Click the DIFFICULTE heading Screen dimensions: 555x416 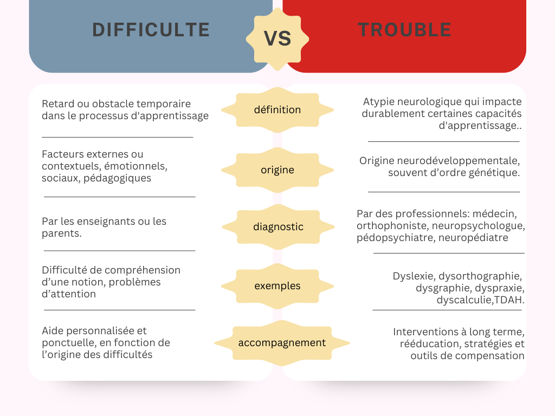tap(151, 29)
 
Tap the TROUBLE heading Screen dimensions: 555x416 tap(404, 30)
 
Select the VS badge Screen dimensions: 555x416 tap(277, 38)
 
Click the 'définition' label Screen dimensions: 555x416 tap(277, 110)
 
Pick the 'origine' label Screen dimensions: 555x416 tap(277, 170)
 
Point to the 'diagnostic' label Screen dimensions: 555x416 tap(278, 227)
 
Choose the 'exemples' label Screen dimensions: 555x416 tap(277, 286)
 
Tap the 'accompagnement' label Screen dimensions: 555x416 tap(282, 343)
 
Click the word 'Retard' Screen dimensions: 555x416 tap(57, 103)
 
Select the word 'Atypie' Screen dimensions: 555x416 tap(380, 101)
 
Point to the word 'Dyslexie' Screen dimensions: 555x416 tap(412, 276)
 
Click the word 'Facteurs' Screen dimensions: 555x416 tap(62, 154)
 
